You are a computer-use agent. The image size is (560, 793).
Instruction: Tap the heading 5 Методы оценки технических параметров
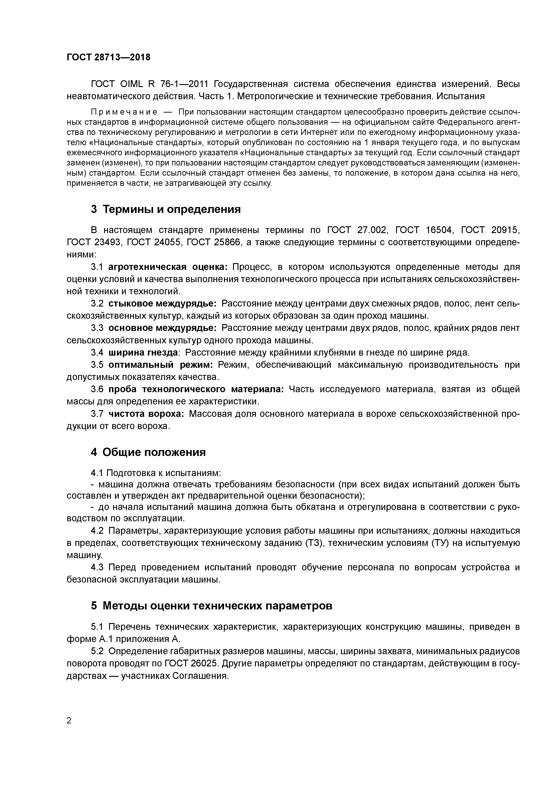212,605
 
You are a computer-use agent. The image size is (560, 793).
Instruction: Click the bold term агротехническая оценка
168,267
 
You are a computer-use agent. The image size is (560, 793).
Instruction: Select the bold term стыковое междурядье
162,304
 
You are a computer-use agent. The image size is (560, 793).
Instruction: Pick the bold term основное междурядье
162,328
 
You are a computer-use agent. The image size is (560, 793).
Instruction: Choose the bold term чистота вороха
146,414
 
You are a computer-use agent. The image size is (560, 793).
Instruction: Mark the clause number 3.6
97,389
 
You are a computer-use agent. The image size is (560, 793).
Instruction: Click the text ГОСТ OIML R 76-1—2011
150,84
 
